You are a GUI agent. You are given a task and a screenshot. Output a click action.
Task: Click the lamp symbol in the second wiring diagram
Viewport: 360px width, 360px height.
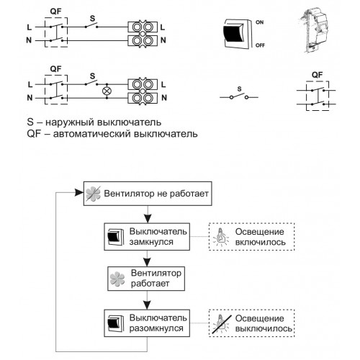pos(107,91)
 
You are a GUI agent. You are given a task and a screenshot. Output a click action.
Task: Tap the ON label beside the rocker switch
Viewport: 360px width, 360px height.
pos(259,22)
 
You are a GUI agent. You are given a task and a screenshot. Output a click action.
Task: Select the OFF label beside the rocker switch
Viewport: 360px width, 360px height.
pos(260,45)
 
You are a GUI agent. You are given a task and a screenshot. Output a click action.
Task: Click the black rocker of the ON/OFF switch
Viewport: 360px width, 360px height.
pos(233,33)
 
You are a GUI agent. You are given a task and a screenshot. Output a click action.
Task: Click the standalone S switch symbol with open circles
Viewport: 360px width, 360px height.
pos(239,96)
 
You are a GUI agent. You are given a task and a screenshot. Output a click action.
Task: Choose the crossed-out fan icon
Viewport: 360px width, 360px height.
pos(93,194)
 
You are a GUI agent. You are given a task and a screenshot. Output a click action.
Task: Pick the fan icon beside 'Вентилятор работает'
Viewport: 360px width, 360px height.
pos(117,279)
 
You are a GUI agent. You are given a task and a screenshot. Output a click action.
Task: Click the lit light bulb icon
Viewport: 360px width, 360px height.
pos(221,237)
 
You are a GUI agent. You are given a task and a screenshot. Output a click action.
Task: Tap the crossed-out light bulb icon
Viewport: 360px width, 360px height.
pos(221,323)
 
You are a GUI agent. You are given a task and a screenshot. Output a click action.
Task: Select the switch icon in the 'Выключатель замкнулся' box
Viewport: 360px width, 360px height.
pos(115,237)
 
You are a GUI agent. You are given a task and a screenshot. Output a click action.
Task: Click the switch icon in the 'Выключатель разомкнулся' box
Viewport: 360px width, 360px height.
pos(115,323)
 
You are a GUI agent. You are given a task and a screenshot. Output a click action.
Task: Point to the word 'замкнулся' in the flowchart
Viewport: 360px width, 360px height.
pos(151,242)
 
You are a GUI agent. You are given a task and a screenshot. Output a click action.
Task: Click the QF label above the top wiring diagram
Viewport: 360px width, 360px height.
pos(55,12)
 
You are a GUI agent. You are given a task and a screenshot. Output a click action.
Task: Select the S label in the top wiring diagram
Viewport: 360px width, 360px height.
pos(92,18)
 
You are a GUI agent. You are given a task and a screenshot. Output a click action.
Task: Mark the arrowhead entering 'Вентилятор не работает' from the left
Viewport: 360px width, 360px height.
pos(79,192)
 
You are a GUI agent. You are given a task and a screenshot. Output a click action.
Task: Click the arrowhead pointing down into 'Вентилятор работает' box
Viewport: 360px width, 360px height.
pos(147,262)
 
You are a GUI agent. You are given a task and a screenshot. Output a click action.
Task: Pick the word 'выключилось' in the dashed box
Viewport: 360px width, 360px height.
pos(264,329)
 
